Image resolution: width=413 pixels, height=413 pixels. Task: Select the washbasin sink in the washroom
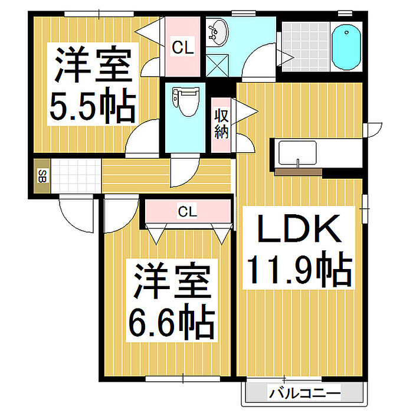pos(218,32)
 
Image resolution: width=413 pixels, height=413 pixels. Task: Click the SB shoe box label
pos(42,176)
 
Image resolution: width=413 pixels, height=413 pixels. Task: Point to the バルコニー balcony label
pos(304,394)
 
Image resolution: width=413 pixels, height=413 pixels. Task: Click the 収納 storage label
pos(221,124)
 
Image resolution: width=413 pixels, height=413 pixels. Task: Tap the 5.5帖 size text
pos(93,106)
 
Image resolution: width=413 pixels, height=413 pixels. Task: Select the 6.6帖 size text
pos(172,322)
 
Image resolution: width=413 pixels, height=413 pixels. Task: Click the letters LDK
pos(299,229)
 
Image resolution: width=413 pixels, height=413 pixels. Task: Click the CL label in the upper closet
pos(182,48)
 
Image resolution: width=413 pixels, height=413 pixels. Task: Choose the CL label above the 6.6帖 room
pos(187,211)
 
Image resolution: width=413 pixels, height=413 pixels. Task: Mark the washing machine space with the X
pos(217,65)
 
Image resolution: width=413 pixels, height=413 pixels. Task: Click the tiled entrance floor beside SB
pos(76,175)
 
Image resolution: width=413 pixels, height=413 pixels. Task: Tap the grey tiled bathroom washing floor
pos(306,47)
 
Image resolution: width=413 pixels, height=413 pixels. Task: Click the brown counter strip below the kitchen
pos(298,172)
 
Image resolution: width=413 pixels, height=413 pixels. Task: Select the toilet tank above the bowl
pos(185,92)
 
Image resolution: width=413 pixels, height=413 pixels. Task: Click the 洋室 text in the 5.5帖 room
pos(93,64)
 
